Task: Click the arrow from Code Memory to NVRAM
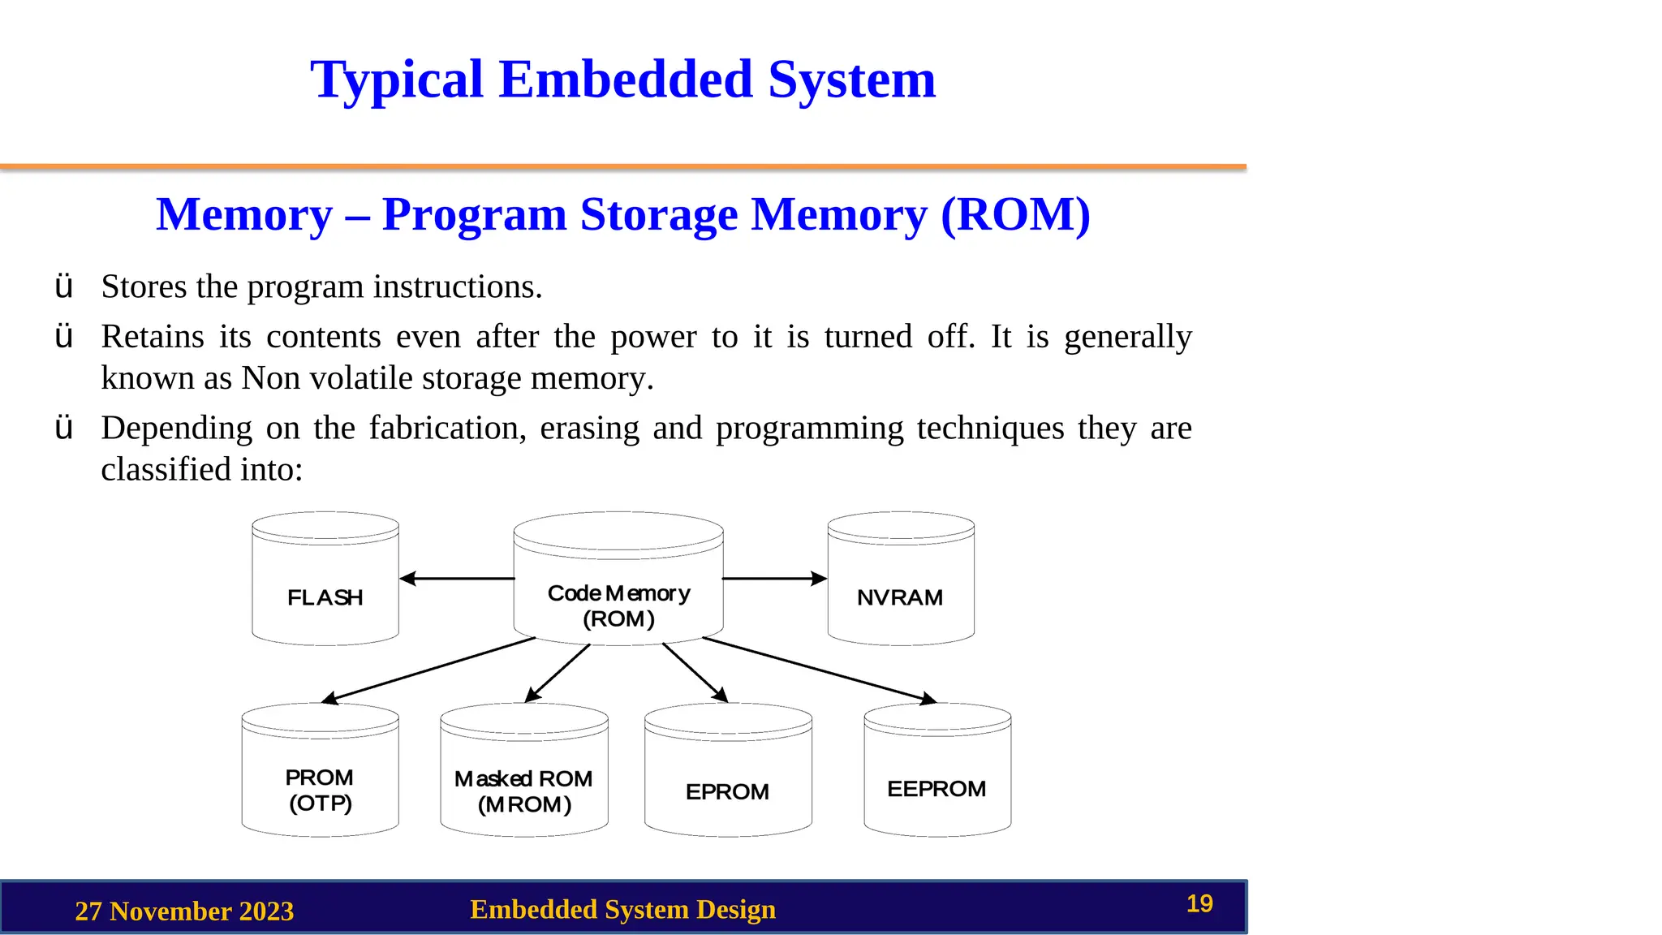tap(774, 579)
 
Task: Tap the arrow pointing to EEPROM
tap(820, 670)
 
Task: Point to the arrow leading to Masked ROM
tap(558, 673)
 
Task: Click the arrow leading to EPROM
tap(695, 672)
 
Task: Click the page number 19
tap(1199, 903)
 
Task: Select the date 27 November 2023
tap(184, 911)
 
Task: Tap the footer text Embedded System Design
tap(622, 909)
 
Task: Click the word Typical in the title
tap(397, 80)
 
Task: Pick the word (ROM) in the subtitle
tap(1015, 215)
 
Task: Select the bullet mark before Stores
tap(64, 287)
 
